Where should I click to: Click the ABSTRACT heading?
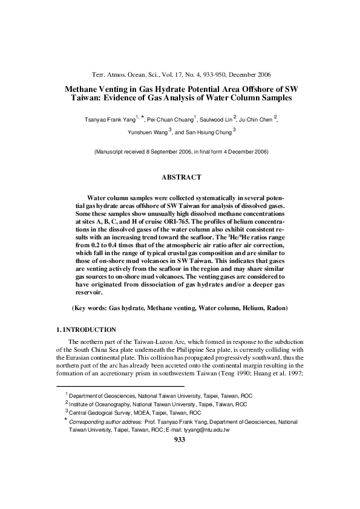[180, 177]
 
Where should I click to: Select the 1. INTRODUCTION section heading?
[82, 329]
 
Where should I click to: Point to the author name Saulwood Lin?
[218, 120]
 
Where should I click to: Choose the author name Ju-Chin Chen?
[257, 120]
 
